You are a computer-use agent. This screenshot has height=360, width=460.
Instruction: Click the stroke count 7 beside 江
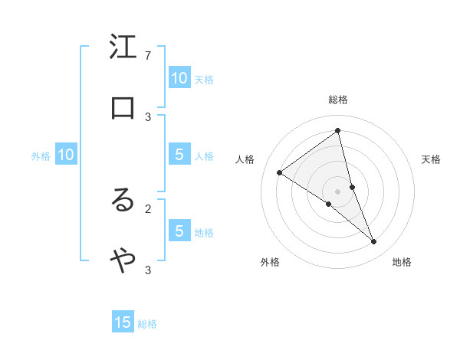(148, 56)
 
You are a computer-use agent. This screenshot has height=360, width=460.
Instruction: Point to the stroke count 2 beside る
(148, 208)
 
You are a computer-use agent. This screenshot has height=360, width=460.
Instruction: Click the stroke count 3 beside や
(148, 270)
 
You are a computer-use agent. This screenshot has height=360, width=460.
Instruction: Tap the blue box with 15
(123, 322)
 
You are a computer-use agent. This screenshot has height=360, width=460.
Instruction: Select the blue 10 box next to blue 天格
(179, 78)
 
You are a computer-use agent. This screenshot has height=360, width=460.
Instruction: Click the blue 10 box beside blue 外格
(66, 155)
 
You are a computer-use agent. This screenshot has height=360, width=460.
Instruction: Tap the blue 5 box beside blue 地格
(179, 231)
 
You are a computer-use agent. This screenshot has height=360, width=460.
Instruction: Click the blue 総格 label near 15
(147, 324)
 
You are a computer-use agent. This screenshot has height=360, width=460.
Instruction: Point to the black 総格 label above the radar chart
(338, 100)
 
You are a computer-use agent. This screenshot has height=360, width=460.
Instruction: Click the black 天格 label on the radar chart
(432, 159)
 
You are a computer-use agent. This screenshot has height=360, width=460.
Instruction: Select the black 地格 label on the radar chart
(402, 262)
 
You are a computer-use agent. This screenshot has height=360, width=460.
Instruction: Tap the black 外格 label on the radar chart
(270, 262)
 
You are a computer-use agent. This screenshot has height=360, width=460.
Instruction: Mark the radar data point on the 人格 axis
(280, 172)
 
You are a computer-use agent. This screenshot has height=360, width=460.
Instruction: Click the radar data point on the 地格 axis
(374, 241)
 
